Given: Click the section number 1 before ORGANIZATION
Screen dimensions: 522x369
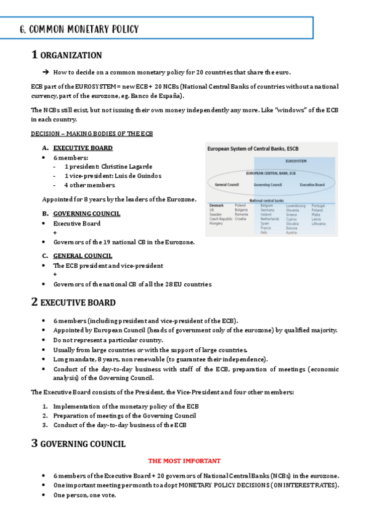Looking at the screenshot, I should (x=34, y=55).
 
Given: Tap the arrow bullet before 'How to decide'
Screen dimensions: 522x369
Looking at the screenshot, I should (x=46, y=72).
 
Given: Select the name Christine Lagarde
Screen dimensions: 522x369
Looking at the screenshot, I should (x=126, y=166).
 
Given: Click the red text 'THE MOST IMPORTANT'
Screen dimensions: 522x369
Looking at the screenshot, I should (x=184, y=460).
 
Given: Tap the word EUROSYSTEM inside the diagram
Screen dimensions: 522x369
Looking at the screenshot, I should (x=296, y=161).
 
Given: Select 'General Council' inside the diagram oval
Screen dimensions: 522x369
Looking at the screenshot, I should (x=226, y=185).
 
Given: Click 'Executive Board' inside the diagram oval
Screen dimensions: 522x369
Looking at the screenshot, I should (x=312, y=185).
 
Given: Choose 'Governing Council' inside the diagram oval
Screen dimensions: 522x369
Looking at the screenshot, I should (x=267, y=185).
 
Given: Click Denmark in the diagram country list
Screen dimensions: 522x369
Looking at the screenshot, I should (x=216, y=206).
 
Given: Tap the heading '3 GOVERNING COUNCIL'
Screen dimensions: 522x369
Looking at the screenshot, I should (x=78, y=444).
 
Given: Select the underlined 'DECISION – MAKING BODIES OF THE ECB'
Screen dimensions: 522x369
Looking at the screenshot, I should (x=92, y=134).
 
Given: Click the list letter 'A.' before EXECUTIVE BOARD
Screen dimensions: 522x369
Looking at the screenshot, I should (x=45, y=148).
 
